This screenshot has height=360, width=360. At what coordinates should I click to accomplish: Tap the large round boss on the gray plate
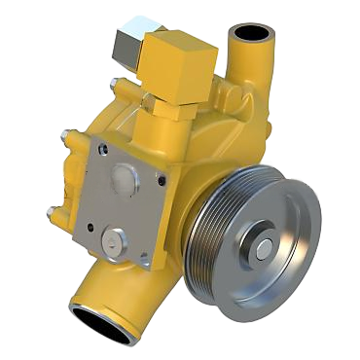[124, 180]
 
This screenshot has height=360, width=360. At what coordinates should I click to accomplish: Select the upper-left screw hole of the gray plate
[102, 149]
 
